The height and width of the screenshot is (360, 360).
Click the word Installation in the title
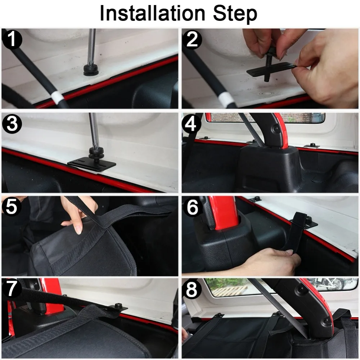[152, 13]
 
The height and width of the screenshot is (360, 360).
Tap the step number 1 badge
[12, 40]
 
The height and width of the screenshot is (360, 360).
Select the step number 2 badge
[192, 40]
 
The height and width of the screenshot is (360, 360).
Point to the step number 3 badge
[12, 124]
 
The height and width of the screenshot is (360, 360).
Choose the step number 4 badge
[191, 124]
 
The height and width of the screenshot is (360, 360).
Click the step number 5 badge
[12, 206]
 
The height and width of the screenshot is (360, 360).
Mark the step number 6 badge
[192, 207]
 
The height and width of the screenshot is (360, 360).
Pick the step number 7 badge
[12, 288]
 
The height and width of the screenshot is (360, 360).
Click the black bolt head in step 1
[91, 70]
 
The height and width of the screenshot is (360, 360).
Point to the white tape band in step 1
[57, 97]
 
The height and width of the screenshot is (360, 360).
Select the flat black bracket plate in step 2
[271, 70]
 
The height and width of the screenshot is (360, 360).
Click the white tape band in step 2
[225, 99]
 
